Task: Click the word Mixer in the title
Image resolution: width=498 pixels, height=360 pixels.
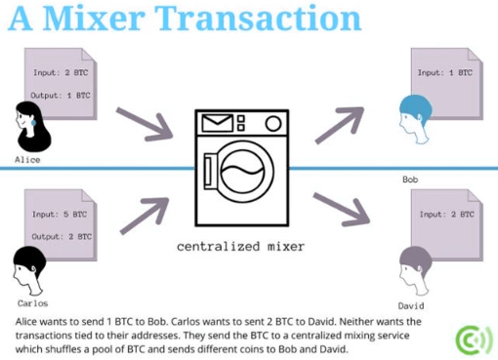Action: tap(94, 19)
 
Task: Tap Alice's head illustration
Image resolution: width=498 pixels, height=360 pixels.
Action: tap(33, 127)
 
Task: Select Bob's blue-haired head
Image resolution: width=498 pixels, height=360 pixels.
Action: tap(415, 119)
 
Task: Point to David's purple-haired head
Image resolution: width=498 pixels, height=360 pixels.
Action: tap(415, 270)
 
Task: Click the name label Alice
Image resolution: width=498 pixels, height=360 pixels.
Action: tap(27, 160)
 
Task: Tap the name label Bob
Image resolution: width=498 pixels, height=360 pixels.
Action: tap(410, 180)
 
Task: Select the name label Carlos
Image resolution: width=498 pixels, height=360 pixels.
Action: tap(32, 303)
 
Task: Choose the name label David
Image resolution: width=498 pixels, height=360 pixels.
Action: tap(411, 305)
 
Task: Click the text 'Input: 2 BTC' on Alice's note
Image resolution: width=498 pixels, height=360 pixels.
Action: tap(61, 72)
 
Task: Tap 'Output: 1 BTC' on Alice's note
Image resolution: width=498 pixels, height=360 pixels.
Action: tap(61, 96)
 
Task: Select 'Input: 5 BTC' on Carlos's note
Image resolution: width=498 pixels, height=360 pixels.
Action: tap(60, 215)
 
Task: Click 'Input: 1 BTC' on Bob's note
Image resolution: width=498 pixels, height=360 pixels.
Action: tap(445, 72)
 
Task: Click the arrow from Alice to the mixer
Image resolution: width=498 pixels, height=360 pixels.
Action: tap(145, 124)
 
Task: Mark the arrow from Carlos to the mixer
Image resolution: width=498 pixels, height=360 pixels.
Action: tap(145, 216)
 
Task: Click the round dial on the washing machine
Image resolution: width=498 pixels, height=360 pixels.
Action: tap(273, 124)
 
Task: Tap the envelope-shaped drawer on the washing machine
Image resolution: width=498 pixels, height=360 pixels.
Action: tap(218, 123)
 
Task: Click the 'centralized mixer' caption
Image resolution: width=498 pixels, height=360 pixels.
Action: tap(240, 247)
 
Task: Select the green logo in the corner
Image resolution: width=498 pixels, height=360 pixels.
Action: tap(475, 340)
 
